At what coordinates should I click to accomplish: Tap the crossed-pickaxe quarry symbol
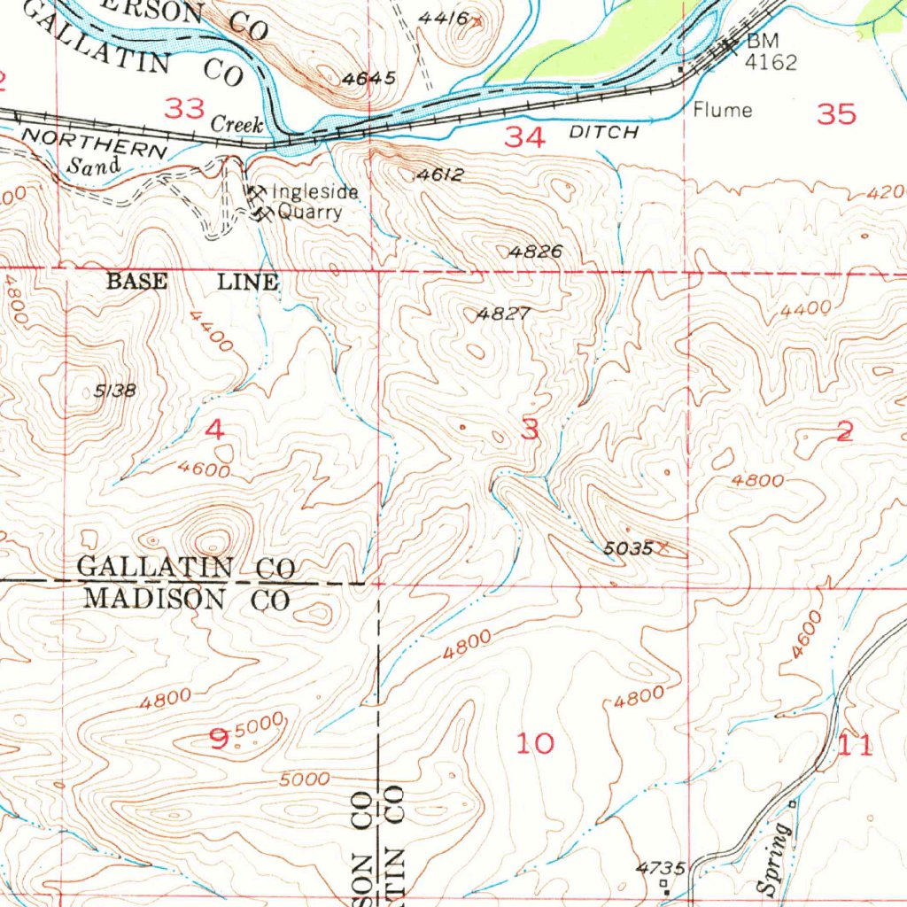pyautogui.click(x=259, y=203)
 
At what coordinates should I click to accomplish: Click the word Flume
pyautogui.click(x=723, y=111)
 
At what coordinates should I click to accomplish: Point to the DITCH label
pyautogui.click(x=603, y=132)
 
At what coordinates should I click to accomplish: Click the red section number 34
pyautogui.click(x=524, y=137)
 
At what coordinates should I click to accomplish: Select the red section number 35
pyautogui.click(x=836, y=113)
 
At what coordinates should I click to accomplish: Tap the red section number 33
pyautogui.click(x=186, y=109)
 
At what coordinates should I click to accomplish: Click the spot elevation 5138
pyautogui.click(x=115, y=391)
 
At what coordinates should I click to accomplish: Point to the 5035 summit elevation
pyautogui.click(x=628, y=549)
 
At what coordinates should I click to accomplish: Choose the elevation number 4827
pyautogui.click(x=503, y=314)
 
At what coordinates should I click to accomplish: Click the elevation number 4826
pyautogui.click(x=535, y=252)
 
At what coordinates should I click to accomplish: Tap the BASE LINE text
pyautogui.click(x=192, y=283)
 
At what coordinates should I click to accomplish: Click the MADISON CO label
pyautogui.click(x=186, y=599)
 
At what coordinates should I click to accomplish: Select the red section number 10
pyautogui.click(x=535, y=743)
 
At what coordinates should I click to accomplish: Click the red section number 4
pyautogui.click(x=214, y=430)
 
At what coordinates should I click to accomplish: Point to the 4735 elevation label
pyautogui.click(x=661, y=868)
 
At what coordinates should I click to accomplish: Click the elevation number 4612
pyautogui.click(x=439, y=175)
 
